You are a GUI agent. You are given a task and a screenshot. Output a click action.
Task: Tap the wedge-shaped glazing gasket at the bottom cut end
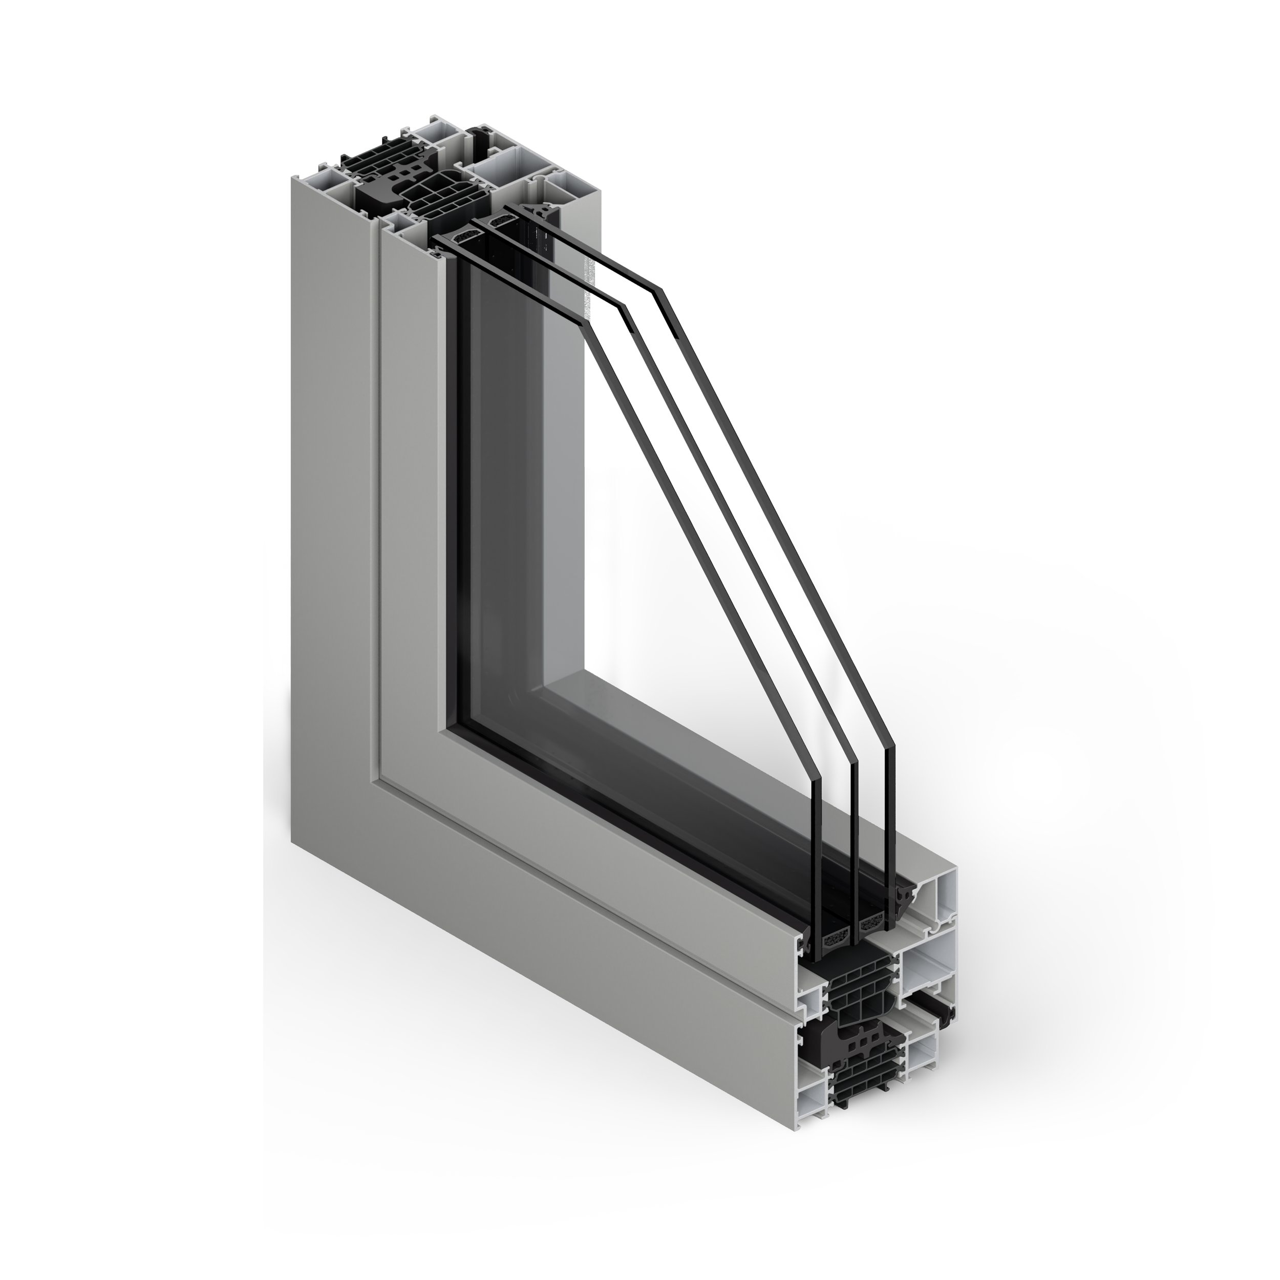coord(902,898)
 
